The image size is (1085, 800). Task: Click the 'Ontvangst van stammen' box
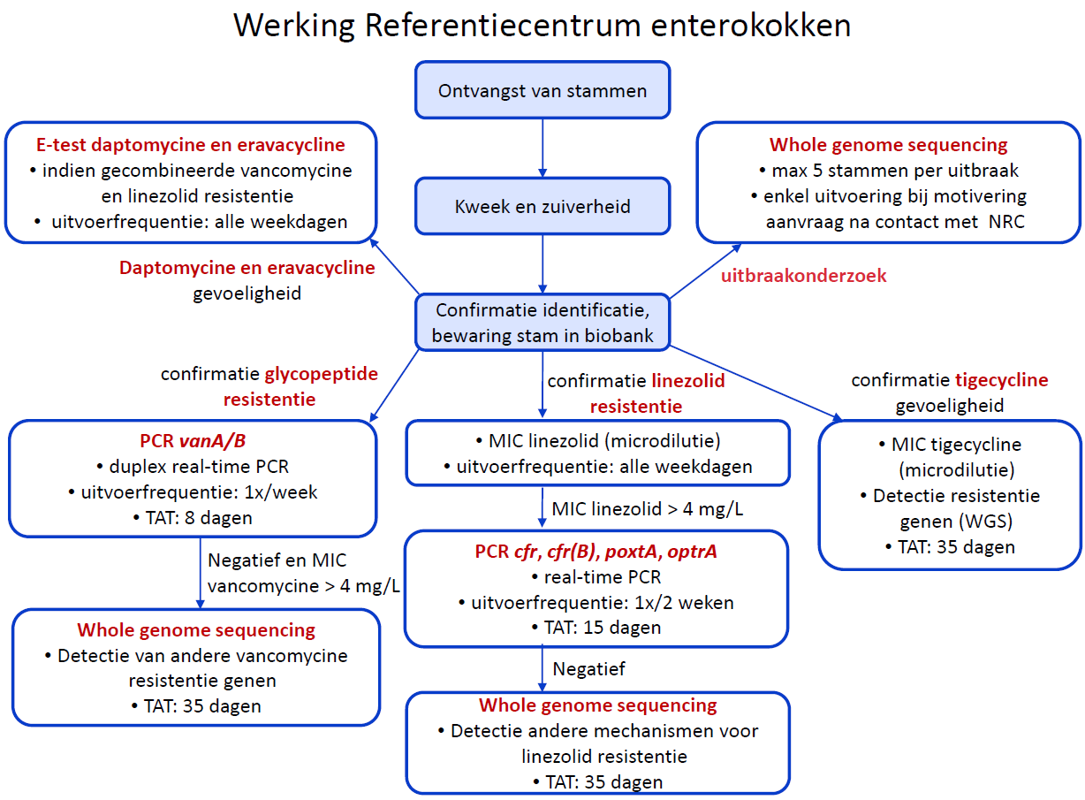(x=542, y=91)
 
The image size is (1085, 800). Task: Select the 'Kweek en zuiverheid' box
(x=542, y=207)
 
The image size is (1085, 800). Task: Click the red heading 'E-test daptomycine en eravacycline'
(x=191, y=145)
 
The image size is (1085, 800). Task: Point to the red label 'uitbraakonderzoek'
(x=804, y=276)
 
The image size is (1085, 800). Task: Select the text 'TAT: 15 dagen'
(x=596, y=628)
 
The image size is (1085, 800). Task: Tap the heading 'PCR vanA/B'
(x=191, y=441)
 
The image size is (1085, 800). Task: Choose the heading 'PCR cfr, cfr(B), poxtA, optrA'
(x=596, y=552)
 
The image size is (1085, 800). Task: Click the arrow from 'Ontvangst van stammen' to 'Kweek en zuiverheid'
(x=542, y=148)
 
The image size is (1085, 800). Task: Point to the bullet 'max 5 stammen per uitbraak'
(x=889, y=170)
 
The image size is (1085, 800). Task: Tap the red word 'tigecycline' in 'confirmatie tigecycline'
(x=1001, y=380)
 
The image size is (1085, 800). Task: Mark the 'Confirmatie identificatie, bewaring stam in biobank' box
(x=542, y=323)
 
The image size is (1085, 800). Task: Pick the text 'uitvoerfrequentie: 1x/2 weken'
(x=596, y=603)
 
